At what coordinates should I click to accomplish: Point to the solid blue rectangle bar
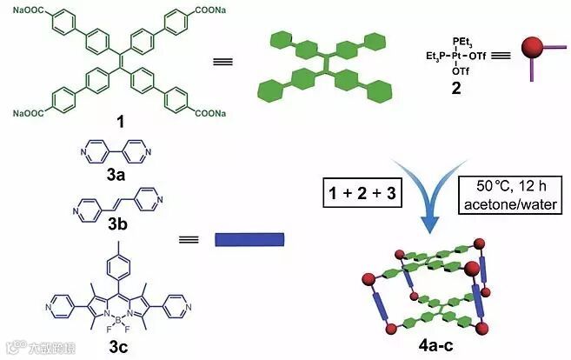pyautogui.click(x=249, y=239)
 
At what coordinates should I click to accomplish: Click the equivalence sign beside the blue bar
pyautogui.click(x=185, y=238)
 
